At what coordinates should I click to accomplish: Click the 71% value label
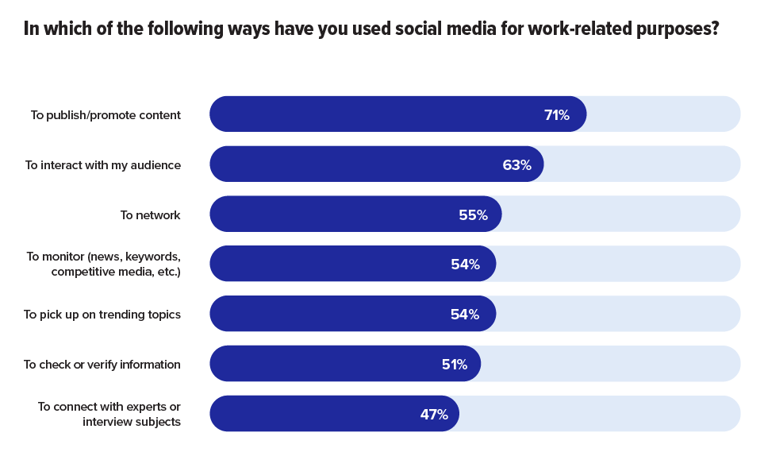pos(556,114)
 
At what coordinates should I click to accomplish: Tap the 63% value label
pos(516,164)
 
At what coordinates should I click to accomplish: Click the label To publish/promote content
pos(106,115)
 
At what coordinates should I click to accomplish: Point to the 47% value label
pos(434,414)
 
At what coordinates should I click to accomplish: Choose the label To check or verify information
pos(102,365)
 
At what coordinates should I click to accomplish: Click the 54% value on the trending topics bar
pos(465,314)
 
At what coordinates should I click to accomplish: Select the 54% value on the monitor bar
pos(465,265)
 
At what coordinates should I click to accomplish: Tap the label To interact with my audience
pos(103,165)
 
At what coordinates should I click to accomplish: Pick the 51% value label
pos(454,364)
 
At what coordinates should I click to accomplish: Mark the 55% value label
pos(473,214)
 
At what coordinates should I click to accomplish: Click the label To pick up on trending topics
pos(102,315)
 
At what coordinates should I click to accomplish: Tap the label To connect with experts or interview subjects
pos(109,414)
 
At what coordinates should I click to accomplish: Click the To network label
pos(151,215)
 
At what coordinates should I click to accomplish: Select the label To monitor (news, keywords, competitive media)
pos(104,265)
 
